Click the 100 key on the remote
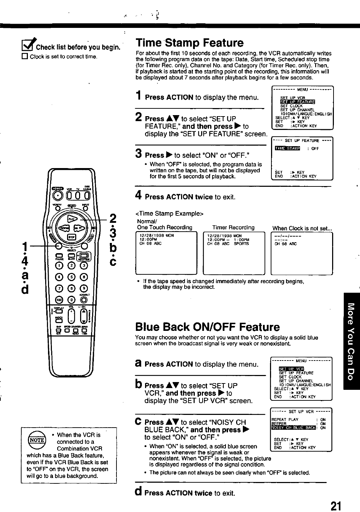coord(59,300)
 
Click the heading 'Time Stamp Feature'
coord(190,43)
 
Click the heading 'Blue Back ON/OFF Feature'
coord(207,327)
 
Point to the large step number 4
coord(139,195)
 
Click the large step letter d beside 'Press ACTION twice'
coord(139,492)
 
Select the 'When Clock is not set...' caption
coord(302,228)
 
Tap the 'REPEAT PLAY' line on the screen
coord(285,419)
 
